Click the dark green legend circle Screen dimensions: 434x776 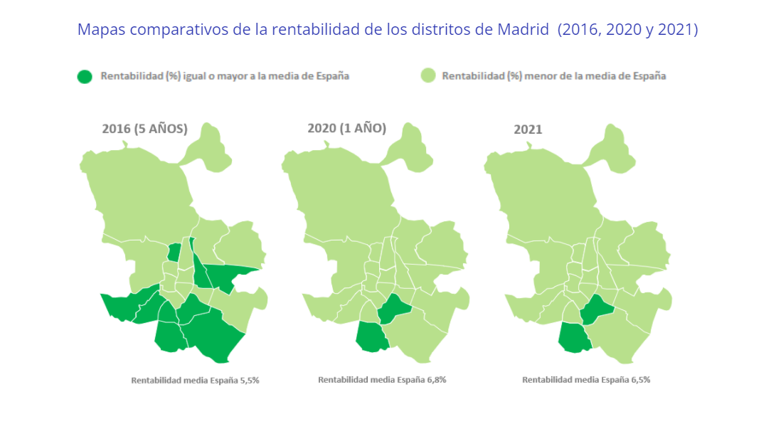point(85,76)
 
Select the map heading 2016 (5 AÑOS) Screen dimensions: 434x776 point(144,129)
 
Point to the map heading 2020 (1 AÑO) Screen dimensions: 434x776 point(346,128)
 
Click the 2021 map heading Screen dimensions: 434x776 point(528,129)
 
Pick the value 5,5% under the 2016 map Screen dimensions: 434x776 point(250,380)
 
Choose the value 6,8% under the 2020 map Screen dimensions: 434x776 point(437,379)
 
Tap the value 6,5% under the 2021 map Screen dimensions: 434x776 point(640,379)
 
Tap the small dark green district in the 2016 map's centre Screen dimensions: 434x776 point(174,253)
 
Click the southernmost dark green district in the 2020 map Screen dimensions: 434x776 point(371,337)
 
